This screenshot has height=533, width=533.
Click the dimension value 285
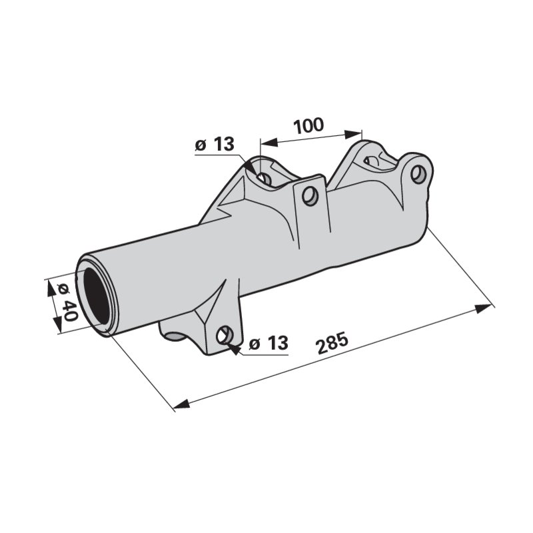(x=332, y=344)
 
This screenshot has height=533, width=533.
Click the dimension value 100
(x=308, y=125)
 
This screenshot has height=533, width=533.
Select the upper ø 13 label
(x=215, y=144)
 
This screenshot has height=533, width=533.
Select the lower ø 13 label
(x=268, y=342)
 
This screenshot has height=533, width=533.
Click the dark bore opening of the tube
(x=97, y=296)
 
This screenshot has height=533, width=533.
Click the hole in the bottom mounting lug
(x=225, y=335)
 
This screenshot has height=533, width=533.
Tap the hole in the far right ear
(x=418, y=174)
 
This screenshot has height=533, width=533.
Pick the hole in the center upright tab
(x=310, y=196)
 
